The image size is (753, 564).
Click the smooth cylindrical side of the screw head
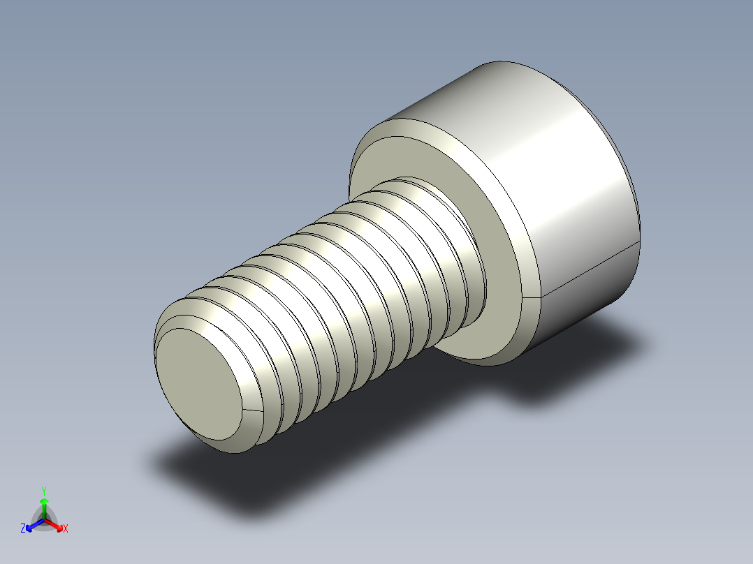tap(559, 175)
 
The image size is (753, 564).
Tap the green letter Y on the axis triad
tap(43, 491)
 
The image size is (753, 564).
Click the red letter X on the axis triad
tap(66, 529)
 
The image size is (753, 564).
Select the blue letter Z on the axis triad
tap(23, 529)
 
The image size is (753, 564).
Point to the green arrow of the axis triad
tap(44, 504)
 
